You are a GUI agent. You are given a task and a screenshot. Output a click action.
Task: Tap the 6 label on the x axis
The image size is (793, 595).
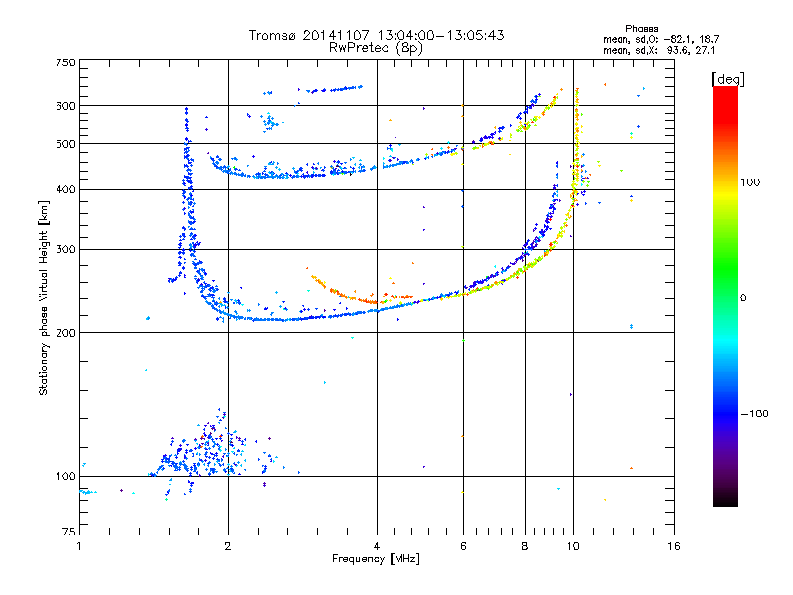[463, 546]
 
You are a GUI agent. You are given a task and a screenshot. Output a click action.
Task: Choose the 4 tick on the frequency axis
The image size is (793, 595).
[377, 546]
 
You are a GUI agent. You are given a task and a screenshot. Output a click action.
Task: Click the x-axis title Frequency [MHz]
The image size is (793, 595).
[377, 559]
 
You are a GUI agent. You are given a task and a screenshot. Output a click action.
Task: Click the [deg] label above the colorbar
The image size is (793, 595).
[728, 77]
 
